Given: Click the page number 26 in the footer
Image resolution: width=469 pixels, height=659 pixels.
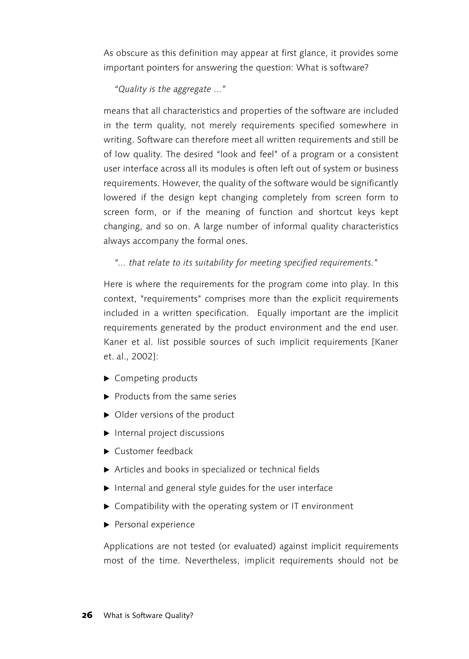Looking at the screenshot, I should click(87, 615).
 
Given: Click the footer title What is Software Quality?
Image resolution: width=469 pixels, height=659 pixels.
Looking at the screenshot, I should click(148, 615).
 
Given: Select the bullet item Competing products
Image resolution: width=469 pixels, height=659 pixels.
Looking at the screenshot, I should click(156, 378).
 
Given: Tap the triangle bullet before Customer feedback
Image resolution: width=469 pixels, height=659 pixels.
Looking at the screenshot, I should click(106, 451).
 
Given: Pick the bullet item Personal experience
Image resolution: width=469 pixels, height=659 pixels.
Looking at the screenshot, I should click(155, 524).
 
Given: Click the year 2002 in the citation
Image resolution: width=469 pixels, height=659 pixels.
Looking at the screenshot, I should click(142, 356).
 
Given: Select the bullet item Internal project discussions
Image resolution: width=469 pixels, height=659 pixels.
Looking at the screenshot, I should click(169, 433).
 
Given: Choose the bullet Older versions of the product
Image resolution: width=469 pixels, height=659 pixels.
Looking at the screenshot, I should click(174, 415).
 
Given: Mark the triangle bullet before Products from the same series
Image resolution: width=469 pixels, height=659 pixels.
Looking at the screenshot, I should click(106, 397).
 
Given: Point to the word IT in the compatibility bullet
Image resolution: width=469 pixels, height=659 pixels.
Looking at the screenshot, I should click(295, 506).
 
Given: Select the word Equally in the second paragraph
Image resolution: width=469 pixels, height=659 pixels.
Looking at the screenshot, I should click(271, 313).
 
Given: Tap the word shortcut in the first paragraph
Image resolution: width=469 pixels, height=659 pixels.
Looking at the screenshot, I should click(335, 212).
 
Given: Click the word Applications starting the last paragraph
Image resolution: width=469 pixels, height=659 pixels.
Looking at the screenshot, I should click(128, 546).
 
